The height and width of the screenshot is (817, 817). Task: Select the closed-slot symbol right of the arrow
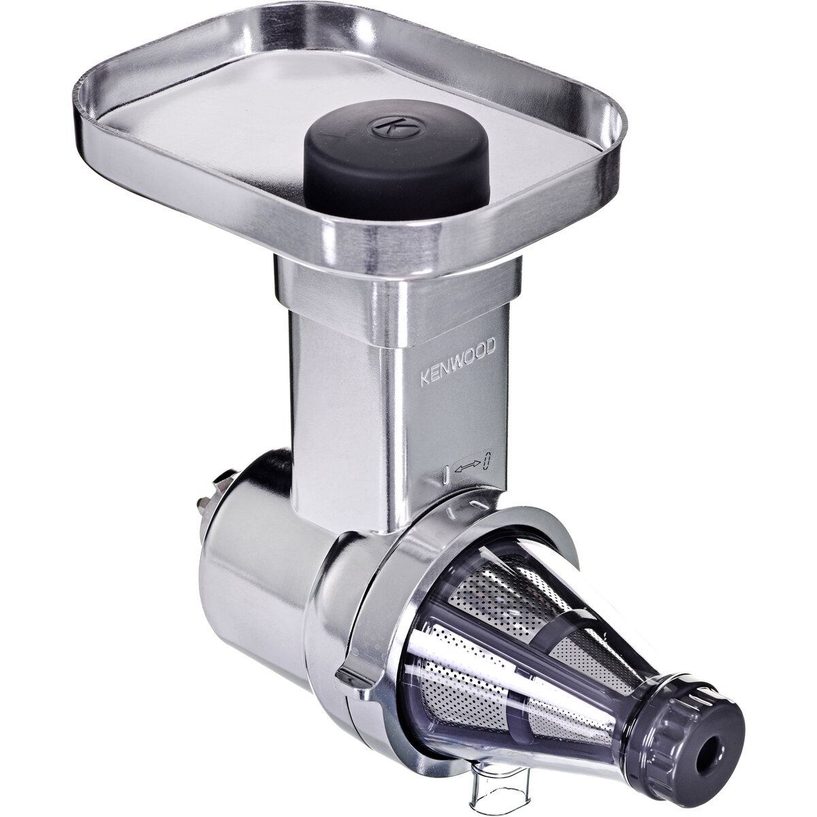(x=487, y=461)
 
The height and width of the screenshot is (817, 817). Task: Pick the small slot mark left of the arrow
(x=446, y=472)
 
